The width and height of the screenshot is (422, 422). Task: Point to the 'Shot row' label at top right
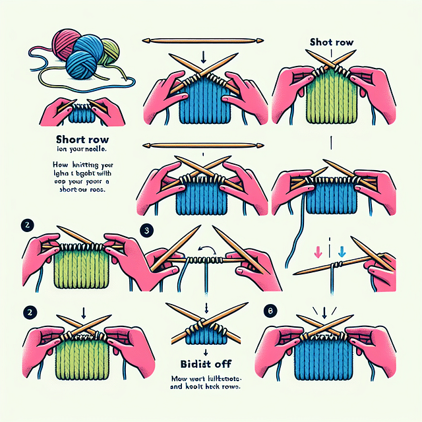332,42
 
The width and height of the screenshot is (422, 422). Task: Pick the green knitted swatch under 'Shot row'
331,100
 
